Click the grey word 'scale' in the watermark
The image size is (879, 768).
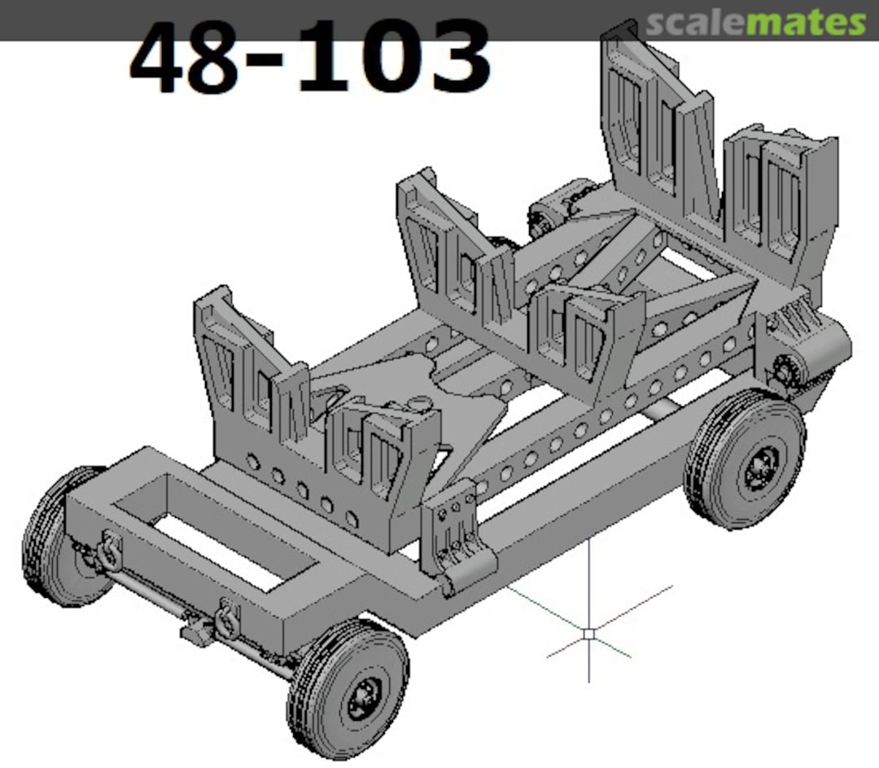[696, 24]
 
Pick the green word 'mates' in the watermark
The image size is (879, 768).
[806, 24]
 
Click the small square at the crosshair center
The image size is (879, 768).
[588, 632]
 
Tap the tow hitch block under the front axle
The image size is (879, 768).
[196, 631]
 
